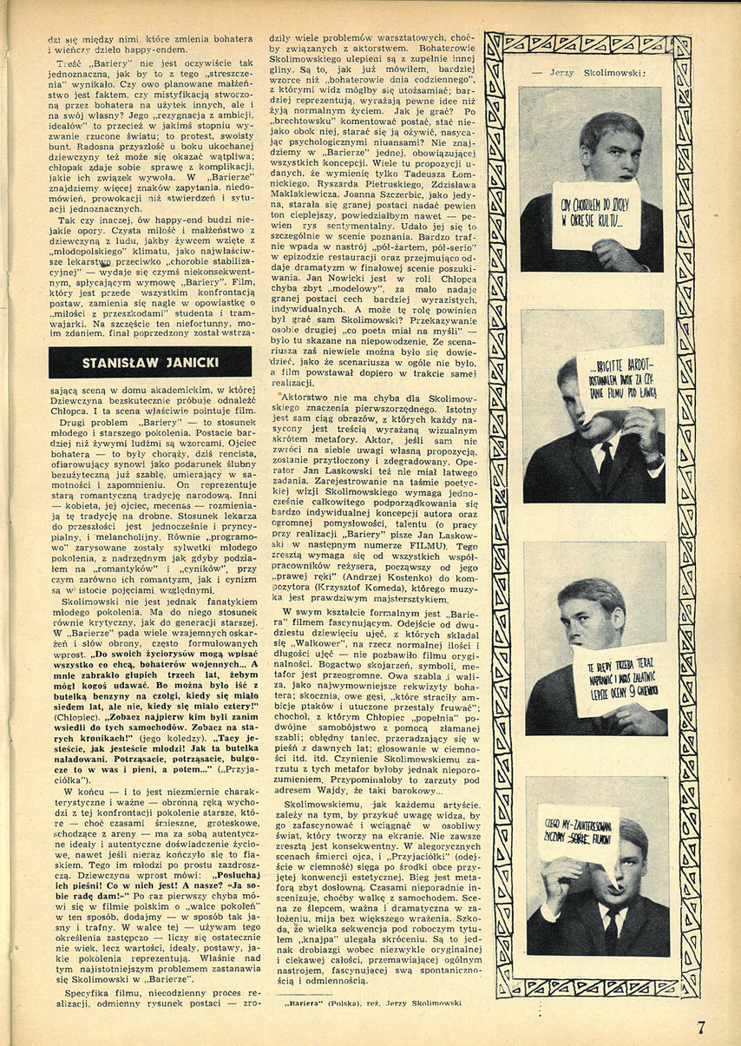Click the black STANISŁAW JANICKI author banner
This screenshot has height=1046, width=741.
[x=150, y=362]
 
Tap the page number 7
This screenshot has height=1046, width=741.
[x=700, y=1027]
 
